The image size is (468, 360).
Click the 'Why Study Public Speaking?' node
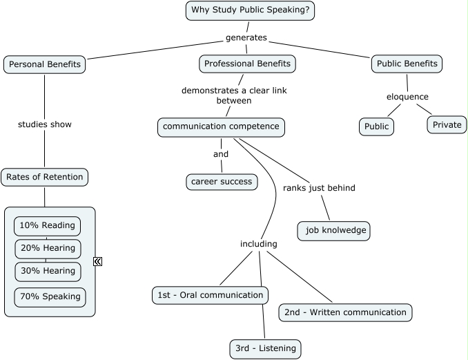[250, 10]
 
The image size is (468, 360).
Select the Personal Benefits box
[44, 64]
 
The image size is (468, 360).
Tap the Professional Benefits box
[248, 64]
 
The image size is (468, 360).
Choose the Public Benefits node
[407, 64]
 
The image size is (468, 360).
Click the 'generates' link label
[246, 37]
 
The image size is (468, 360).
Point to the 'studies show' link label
[44, 124]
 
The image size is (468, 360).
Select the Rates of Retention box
[44, 177]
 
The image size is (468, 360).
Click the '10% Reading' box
[47, 226]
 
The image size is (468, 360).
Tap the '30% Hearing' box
[48, 271]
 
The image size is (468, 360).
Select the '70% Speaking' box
[50, 297]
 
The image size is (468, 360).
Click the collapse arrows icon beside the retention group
[98, 261]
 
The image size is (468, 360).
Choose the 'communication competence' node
[221, 126]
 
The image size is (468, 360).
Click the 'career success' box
[222, 182]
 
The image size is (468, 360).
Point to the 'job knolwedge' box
[334, 231]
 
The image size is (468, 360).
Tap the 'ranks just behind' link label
[319, 188]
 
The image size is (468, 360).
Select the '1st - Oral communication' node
[210, 295]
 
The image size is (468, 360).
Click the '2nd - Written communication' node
[345, 312]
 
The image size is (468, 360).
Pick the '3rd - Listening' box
[265, 348]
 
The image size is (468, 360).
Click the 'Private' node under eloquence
[447, 125]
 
